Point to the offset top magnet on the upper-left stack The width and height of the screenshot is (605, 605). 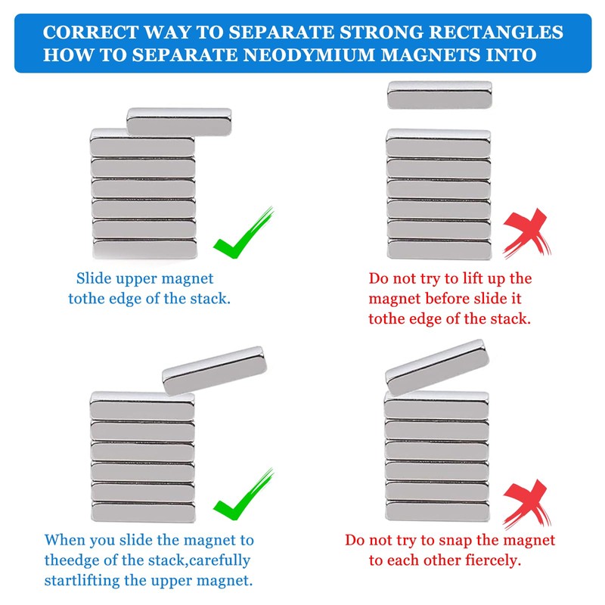tap(179, 119)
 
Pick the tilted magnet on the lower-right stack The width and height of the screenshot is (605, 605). tap(434, 367)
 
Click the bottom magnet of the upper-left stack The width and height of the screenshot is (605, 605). tap(144, 249)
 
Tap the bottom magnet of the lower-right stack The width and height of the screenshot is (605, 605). tap(436, 511)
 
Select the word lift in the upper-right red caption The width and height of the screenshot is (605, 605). tap(481, 279)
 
